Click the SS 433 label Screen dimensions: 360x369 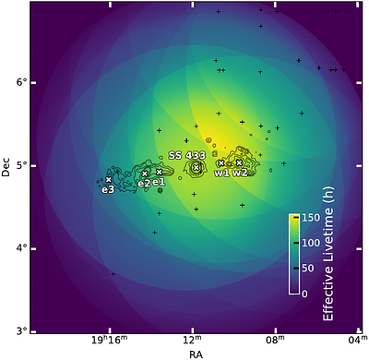click(x=186, y=155)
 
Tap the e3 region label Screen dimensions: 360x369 click(x=108, y=189)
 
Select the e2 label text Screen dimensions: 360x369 click(x=144, y=184)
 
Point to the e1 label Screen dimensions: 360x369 click(x=159, y=182)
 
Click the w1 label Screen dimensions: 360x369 click(x=221, y=173)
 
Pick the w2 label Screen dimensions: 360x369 click(x=239, y=173)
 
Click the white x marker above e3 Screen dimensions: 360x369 click(x=109, y=179)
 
